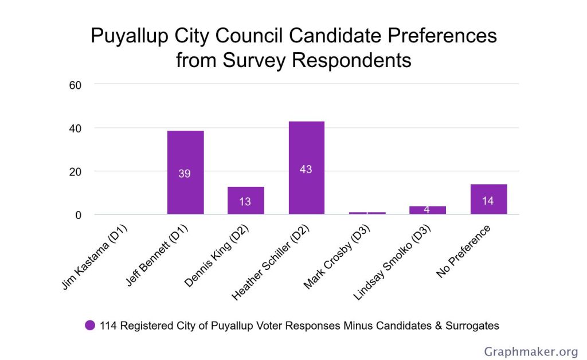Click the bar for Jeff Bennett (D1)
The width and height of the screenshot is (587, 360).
point(185,172)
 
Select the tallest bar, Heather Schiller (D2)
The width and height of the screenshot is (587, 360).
point(306,167)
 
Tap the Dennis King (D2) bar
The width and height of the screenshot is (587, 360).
point(245,200)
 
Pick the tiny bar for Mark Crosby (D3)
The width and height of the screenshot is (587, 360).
point(367,213)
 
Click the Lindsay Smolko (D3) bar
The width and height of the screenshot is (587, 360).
point(428,210)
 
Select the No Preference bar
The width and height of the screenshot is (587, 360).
point(488,199)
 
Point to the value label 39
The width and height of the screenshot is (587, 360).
point(185,173)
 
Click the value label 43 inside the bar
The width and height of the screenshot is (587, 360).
point(306,170)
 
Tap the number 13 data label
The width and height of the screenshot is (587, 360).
point(245,202)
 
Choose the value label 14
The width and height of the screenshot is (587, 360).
point(488,201)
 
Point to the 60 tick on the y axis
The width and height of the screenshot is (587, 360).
point(75,85)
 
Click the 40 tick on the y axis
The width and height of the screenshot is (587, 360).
point(75,128)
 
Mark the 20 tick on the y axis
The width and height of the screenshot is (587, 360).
point(75,171)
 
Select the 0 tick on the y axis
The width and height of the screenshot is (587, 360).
point(79,215)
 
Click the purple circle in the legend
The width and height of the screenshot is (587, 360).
point(90,326)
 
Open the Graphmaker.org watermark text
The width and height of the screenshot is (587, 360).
point(530,351)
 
